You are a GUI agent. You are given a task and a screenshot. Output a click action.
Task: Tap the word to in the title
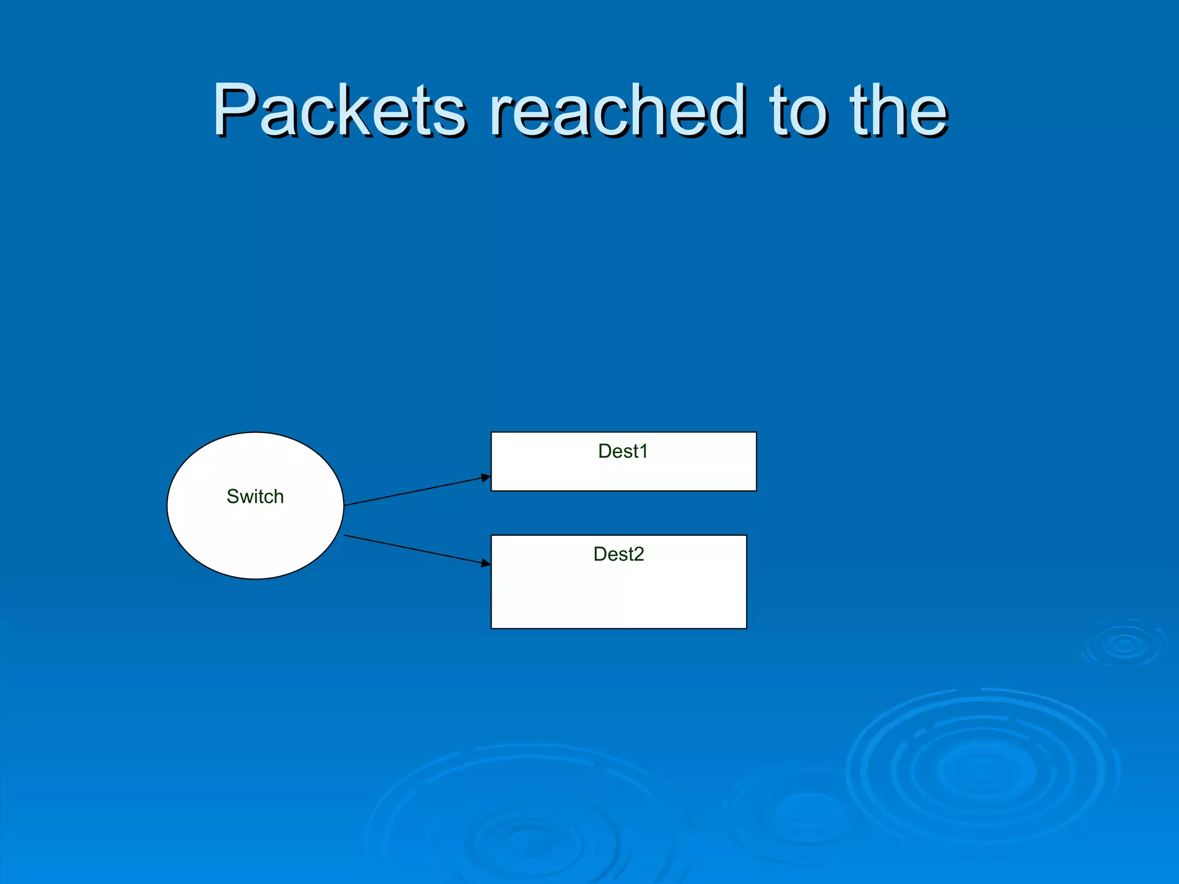(800, 110)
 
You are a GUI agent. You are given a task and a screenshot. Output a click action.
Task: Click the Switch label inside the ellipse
(255, 496)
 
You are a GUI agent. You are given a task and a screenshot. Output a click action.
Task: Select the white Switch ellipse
(255, 541)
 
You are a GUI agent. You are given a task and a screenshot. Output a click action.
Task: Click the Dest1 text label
(623, 451)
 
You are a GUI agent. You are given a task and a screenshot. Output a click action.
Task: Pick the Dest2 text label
(618, 554)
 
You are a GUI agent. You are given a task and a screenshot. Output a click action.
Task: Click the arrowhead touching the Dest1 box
(485, 478)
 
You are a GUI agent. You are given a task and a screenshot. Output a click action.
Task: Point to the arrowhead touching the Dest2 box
(485, 562)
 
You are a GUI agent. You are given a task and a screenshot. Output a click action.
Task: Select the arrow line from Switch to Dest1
(414, 491)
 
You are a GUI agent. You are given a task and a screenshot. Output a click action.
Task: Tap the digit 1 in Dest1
(644, 451)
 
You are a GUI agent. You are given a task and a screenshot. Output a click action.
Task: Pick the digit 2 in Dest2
(638, 554)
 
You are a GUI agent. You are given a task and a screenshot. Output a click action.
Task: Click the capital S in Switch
(233, 496)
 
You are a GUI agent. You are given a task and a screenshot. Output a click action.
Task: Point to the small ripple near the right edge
(1124, 645)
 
